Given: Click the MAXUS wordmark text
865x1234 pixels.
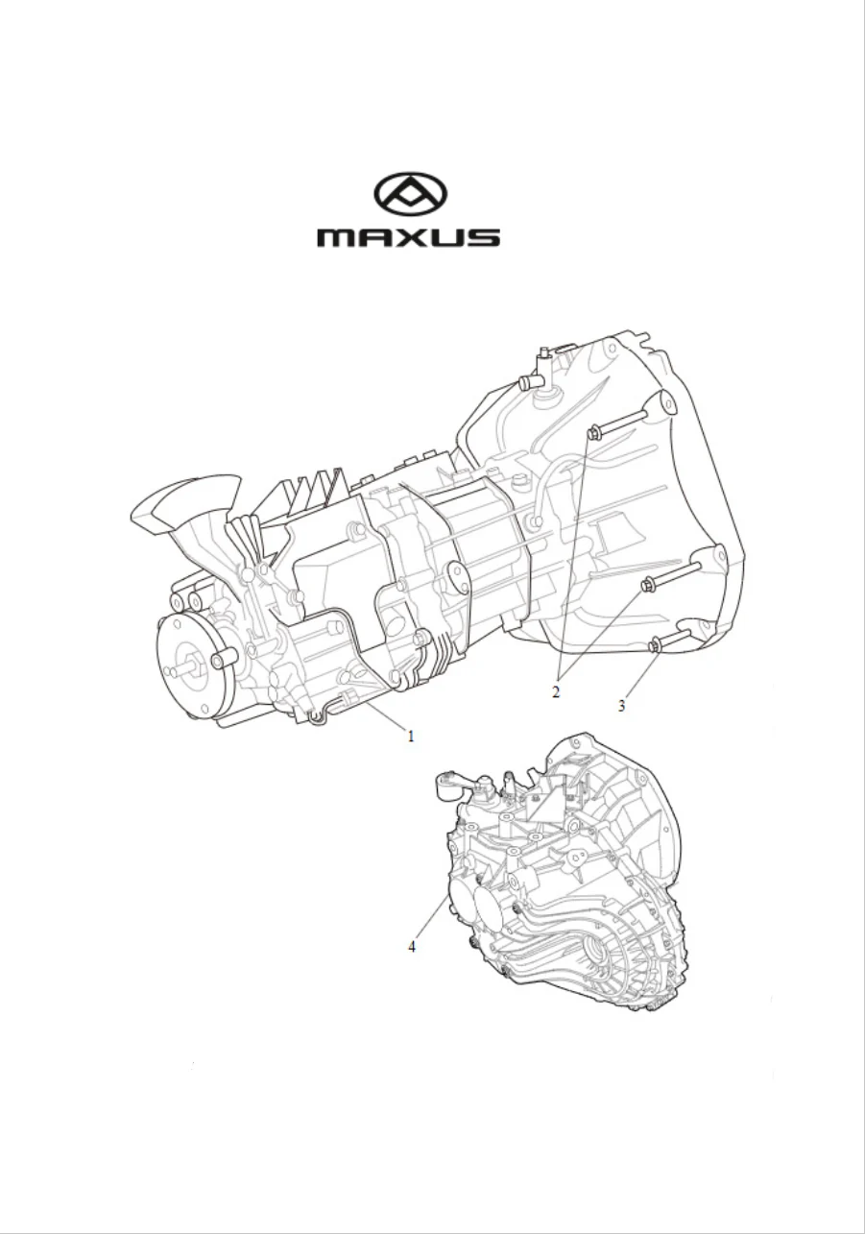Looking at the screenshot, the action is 408,237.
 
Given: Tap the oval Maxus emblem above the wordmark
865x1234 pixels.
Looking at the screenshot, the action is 410,194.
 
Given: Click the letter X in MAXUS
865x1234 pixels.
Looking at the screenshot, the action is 409,237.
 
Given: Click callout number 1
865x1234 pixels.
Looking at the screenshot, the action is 410,736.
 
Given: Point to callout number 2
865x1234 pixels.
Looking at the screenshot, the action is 556,691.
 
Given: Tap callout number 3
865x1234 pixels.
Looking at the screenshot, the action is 621,706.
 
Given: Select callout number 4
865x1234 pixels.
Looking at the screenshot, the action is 411,947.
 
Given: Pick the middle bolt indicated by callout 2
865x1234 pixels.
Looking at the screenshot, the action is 671,575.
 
